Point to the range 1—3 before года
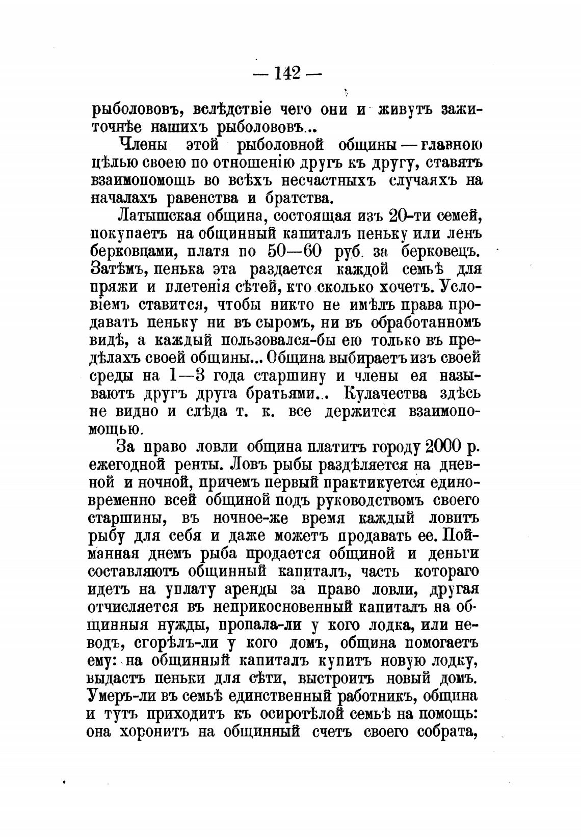[x=186, y=376]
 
